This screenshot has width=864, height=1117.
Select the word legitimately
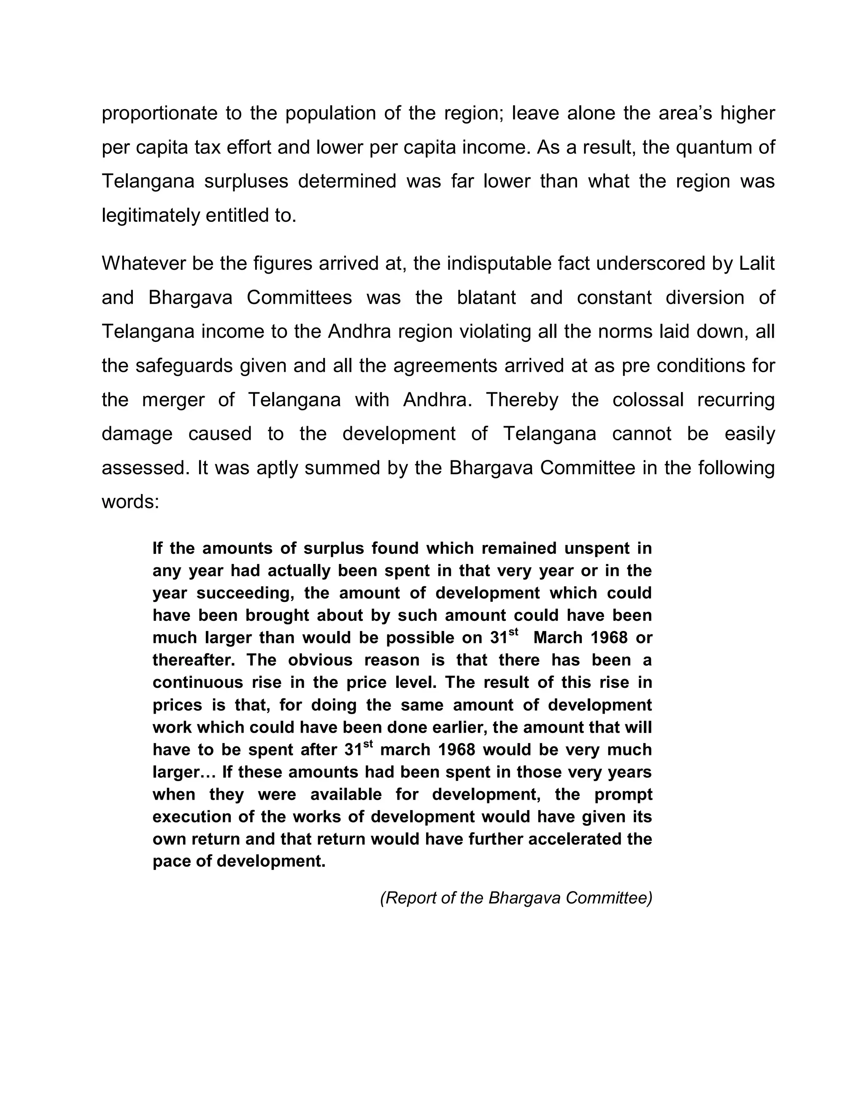coord(151,215)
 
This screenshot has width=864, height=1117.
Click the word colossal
coord(648,400)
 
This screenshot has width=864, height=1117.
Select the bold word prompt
coord(623,794)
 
